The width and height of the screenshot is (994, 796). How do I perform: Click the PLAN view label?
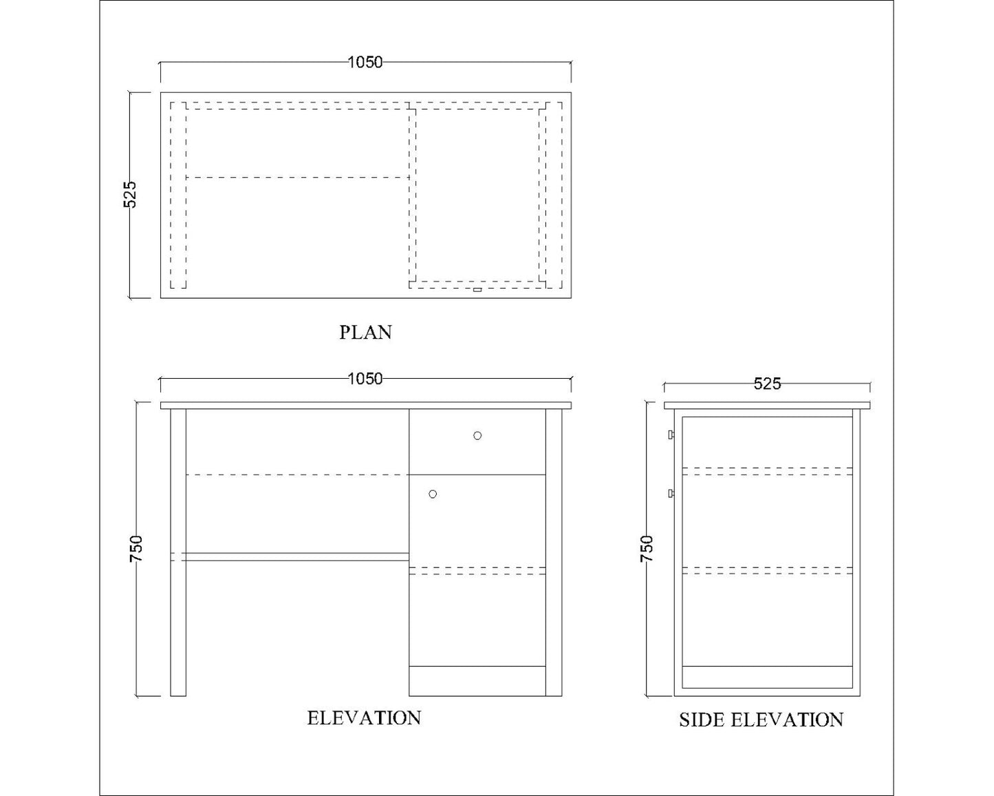[x=365, y=333]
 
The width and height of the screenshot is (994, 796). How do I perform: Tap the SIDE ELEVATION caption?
[x=761, y=720]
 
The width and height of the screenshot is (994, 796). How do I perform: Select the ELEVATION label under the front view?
[x=364, y=718]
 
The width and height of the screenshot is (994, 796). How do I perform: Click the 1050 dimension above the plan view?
[x=365, y=62]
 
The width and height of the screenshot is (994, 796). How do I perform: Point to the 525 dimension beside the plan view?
[x=130, y=194]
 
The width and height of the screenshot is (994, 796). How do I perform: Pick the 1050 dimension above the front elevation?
[x=365, y=379]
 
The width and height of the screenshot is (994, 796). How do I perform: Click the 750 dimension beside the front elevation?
[x=136, y=549]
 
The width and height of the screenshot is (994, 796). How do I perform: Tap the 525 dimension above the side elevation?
[x=767, y=384]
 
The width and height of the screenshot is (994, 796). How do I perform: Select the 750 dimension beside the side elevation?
[x=647, y=549]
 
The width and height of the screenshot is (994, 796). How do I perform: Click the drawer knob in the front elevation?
[x=477, y=435]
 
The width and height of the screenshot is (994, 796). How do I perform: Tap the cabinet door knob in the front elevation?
[x=433, y=494]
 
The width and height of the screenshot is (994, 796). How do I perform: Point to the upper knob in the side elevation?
[x=671, y=435]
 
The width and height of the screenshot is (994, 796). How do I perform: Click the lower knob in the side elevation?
[x=671, y=494]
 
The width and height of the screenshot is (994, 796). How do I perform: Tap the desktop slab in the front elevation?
[x=365, y=406]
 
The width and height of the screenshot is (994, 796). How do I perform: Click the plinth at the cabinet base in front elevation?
[x=477, y=681]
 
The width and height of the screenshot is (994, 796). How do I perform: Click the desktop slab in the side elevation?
[x=767, y=406]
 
